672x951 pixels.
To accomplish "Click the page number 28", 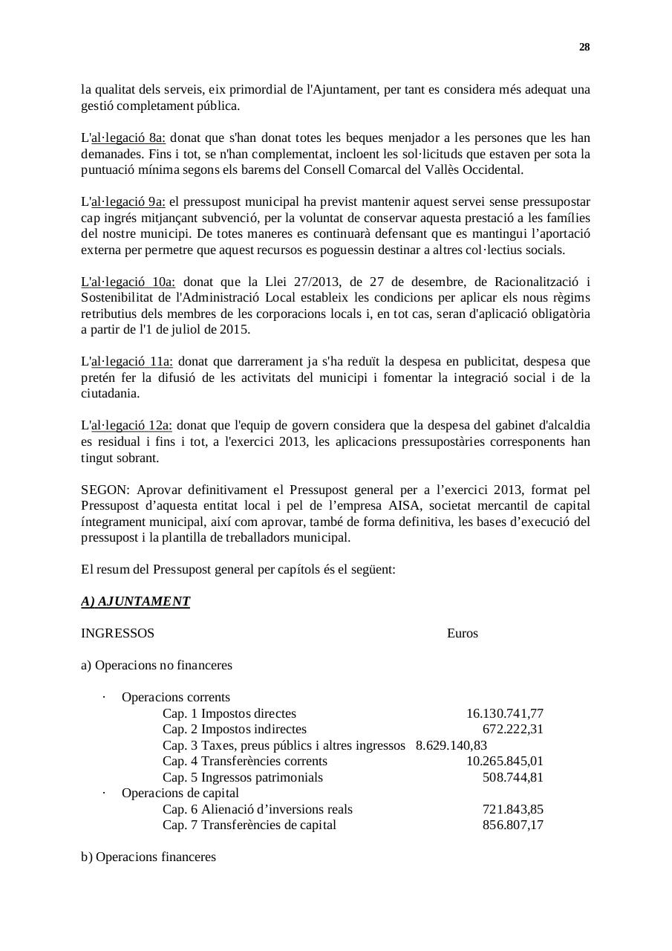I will click(584, 48).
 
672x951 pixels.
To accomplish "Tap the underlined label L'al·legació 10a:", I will click(128, 282).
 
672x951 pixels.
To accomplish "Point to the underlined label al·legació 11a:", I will click(131, 362).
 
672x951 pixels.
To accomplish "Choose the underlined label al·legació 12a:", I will click(131, 426).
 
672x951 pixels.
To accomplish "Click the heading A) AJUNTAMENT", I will click(135, 602).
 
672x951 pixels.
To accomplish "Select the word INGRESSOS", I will click(117, 634).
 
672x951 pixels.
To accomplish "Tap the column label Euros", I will click(462, 634).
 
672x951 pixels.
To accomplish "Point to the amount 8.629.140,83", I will click(451, 745).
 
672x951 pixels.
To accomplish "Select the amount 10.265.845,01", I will click(504, 762).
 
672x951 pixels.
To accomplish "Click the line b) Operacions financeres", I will click(149, 857).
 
